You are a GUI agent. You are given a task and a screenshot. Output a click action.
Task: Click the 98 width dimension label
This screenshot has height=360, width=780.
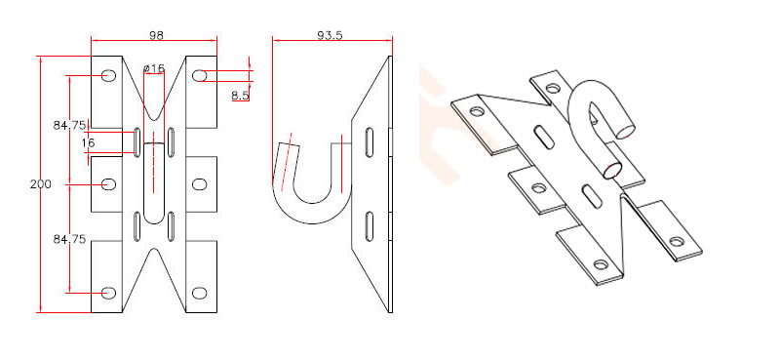155,35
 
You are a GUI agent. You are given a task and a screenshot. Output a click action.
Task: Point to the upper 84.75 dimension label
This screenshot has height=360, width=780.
70,125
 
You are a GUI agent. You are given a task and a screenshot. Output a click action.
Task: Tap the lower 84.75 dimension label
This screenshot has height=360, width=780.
70,238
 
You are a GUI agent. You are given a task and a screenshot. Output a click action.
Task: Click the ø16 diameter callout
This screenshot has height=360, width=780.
154,68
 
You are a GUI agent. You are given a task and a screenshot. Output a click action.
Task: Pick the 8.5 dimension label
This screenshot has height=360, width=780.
241,96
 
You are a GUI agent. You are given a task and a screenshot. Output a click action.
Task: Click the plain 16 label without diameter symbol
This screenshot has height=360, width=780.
88,143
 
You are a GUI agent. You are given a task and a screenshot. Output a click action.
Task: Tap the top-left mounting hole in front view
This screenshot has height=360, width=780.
108,75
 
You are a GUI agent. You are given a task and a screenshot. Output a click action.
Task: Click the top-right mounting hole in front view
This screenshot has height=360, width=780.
200,75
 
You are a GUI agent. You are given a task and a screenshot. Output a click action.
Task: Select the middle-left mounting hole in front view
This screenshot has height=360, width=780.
108,183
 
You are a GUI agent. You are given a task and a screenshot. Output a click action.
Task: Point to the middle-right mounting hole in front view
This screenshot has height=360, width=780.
200,183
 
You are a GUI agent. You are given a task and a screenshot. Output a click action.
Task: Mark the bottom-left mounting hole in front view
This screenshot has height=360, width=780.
108,292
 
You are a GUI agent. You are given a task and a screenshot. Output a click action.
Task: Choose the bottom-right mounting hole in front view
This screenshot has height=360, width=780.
200,292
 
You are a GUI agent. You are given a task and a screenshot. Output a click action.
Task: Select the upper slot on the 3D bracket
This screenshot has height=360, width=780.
543,136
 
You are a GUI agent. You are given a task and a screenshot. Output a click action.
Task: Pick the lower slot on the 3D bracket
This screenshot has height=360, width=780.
590,192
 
